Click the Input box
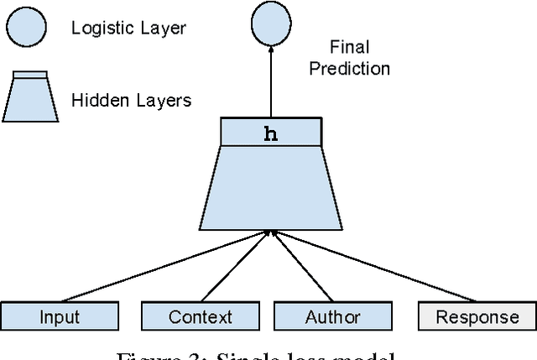pos(60,316)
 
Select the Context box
pos(200,316)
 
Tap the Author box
pos(333,316)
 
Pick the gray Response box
pos(477,316)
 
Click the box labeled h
pos(270,133)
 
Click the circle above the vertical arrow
pos(270,25)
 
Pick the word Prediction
pos(349,69)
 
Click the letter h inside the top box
pos(270,133)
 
